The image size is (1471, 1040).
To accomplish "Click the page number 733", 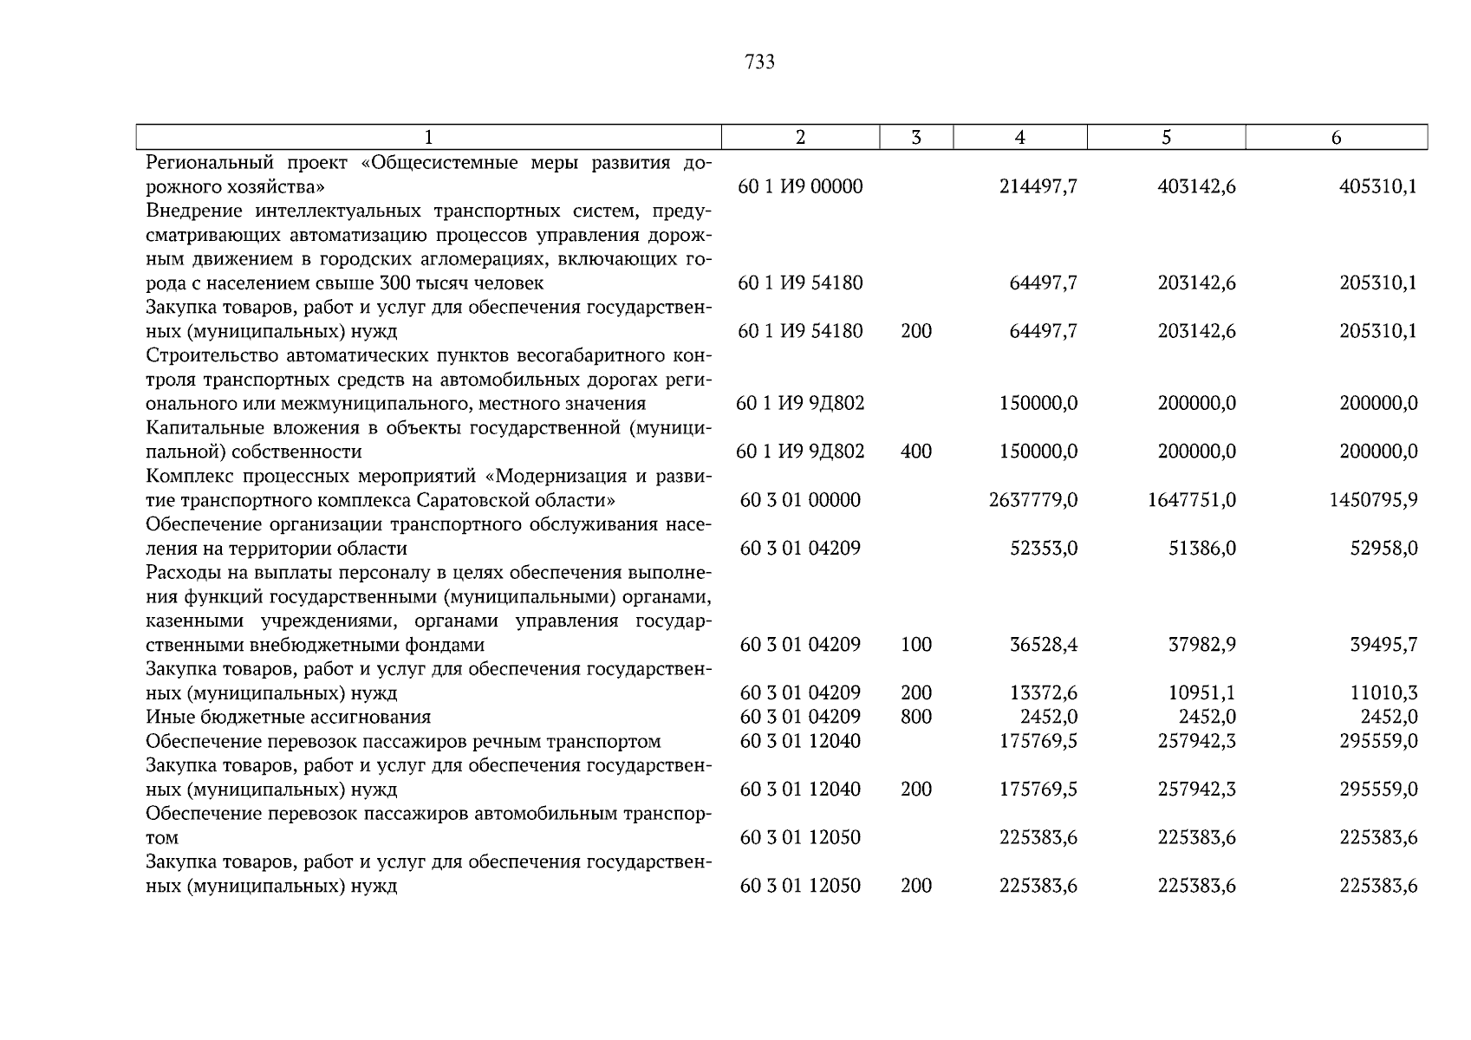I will point(759,62).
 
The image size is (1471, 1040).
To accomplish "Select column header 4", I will point(1020,137).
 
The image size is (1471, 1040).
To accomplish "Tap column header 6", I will point(1336,137).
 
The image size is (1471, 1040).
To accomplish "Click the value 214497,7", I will point(1038,186).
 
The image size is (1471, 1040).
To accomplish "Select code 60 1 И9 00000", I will point(800,186).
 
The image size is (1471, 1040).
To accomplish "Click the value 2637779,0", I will point(1033,500).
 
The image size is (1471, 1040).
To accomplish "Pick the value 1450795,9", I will point(1373,500).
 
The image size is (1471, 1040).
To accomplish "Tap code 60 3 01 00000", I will point(800,500).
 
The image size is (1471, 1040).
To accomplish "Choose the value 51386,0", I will point(1202,549).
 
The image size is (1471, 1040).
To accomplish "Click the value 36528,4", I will point(1044,645).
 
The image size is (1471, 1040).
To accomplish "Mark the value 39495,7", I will point(1383,645).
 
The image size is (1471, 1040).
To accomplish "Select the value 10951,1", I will point(1202,693).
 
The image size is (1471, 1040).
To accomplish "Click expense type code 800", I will point(916,717).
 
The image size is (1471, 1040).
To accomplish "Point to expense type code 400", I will point(916,452).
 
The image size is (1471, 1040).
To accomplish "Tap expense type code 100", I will point(916,645).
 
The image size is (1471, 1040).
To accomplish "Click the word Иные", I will point(165,717).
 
